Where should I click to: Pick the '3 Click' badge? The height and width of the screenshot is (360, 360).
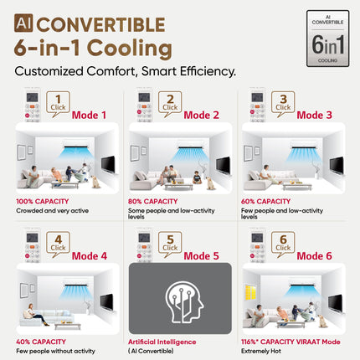click(x=283, y=103)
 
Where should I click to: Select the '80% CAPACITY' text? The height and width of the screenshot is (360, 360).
click(x=152, y=202)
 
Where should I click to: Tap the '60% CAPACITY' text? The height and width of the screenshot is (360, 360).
click(x=266, y=202)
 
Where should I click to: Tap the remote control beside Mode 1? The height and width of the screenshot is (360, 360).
click(x=29, y=108)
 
